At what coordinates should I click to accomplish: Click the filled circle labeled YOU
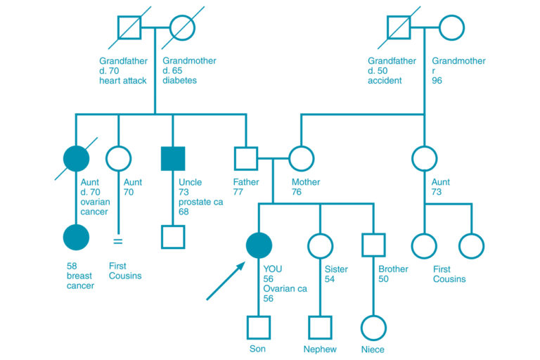coord(259,245)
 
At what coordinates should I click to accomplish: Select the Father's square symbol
coord(246,158)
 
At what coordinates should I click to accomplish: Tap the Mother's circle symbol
coord(301,158)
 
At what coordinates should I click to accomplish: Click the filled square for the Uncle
coord(173,158)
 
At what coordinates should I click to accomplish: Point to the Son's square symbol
coord(259,327)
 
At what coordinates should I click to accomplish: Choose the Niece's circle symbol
coord(373,327)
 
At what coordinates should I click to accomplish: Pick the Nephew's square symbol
coord(320,327)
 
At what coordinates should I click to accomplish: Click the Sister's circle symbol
coord(320,245)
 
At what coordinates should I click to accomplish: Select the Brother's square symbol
coord(373,245)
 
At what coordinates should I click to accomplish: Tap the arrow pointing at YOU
coord(226,281)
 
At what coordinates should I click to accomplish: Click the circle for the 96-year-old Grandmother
coord(452,27)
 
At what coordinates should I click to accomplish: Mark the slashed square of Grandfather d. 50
coord(400,27)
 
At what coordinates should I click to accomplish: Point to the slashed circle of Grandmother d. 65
coord(182,27)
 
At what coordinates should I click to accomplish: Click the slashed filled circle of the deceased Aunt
coord(76,158)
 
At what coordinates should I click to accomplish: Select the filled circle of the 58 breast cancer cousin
coord(76,237)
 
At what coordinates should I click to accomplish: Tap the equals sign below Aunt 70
coord(118,241)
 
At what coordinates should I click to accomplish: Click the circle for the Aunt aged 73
coord(424,158)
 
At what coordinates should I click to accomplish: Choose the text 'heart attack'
coord(123,81)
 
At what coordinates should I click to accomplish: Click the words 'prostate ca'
coord(200,202)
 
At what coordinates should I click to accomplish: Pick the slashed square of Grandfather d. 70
coord(129,27)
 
